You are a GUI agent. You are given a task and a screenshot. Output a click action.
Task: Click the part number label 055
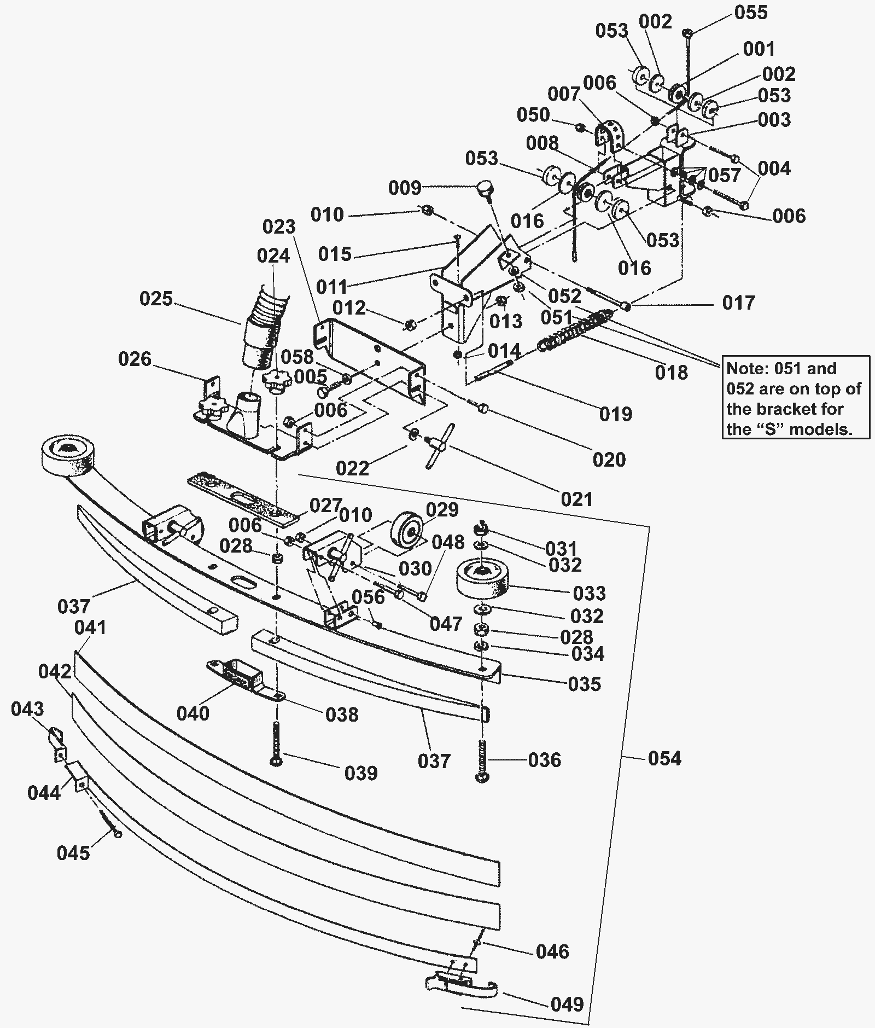tap(751, 13)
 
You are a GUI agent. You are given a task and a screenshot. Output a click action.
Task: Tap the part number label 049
tap(567, 1004)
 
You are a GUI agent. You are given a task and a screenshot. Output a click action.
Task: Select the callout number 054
tap(664, 758)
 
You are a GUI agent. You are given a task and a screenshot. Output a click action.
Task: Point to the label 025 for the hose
tap(156, 299)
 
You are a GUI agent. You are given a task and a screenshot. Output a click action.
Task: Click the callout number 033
tap(590, 593)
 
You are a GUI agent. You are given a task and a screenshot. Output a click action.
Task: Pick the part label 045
tap(73, 853)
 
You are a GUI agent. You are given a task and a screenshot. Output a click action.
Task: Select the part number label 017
tap(738, 303)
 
